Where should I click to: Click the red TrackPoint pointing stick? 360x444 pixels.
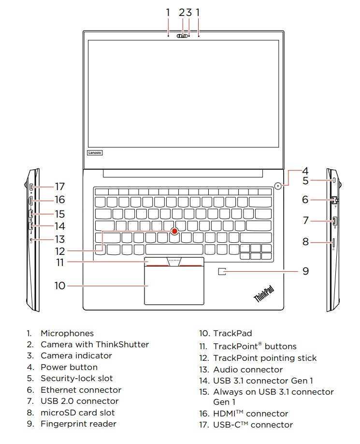[175, 231]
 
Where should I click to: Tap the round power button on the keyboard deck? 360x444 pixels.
[277, 185]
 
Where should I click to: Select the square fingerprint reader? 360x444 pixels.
[222, 272]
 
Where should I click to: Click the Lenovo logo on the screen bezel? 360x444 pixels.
[95, 152]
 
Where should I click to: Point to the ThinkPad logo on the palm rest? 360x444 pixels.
[264, 294]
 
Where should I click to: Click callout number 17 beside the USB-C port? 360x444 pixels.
[59, 186]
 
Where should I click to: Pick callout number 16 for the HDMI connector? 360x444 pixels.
[59, 199]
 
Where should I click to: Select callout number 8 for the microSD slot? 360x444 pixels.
[305, 241]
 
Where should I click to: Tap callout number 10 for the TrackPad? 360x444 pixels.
[59, 285]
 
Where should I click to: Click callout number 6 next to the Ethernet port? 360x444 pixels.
[305, 199]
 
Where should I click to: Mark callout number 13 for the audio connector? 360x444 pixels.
[59, 239]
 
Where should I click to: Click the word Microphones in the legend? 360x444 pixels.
[67, 333]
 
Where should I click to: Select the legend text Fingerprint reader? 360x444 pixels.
[78, 424]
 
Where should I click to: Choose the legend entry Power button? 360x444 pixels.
[69, 367]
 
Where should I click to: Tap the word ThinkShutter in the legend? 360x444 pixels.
[122, 344]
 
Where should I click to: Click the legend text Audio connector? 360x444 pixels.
[248, 370]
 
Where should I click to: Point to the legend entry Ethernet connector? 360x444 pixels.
[81, 390]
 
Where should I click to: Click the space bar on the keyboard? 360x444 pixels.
[174, 250]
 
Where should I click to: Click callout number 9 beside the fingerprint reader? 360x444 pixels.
[305, 271]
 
